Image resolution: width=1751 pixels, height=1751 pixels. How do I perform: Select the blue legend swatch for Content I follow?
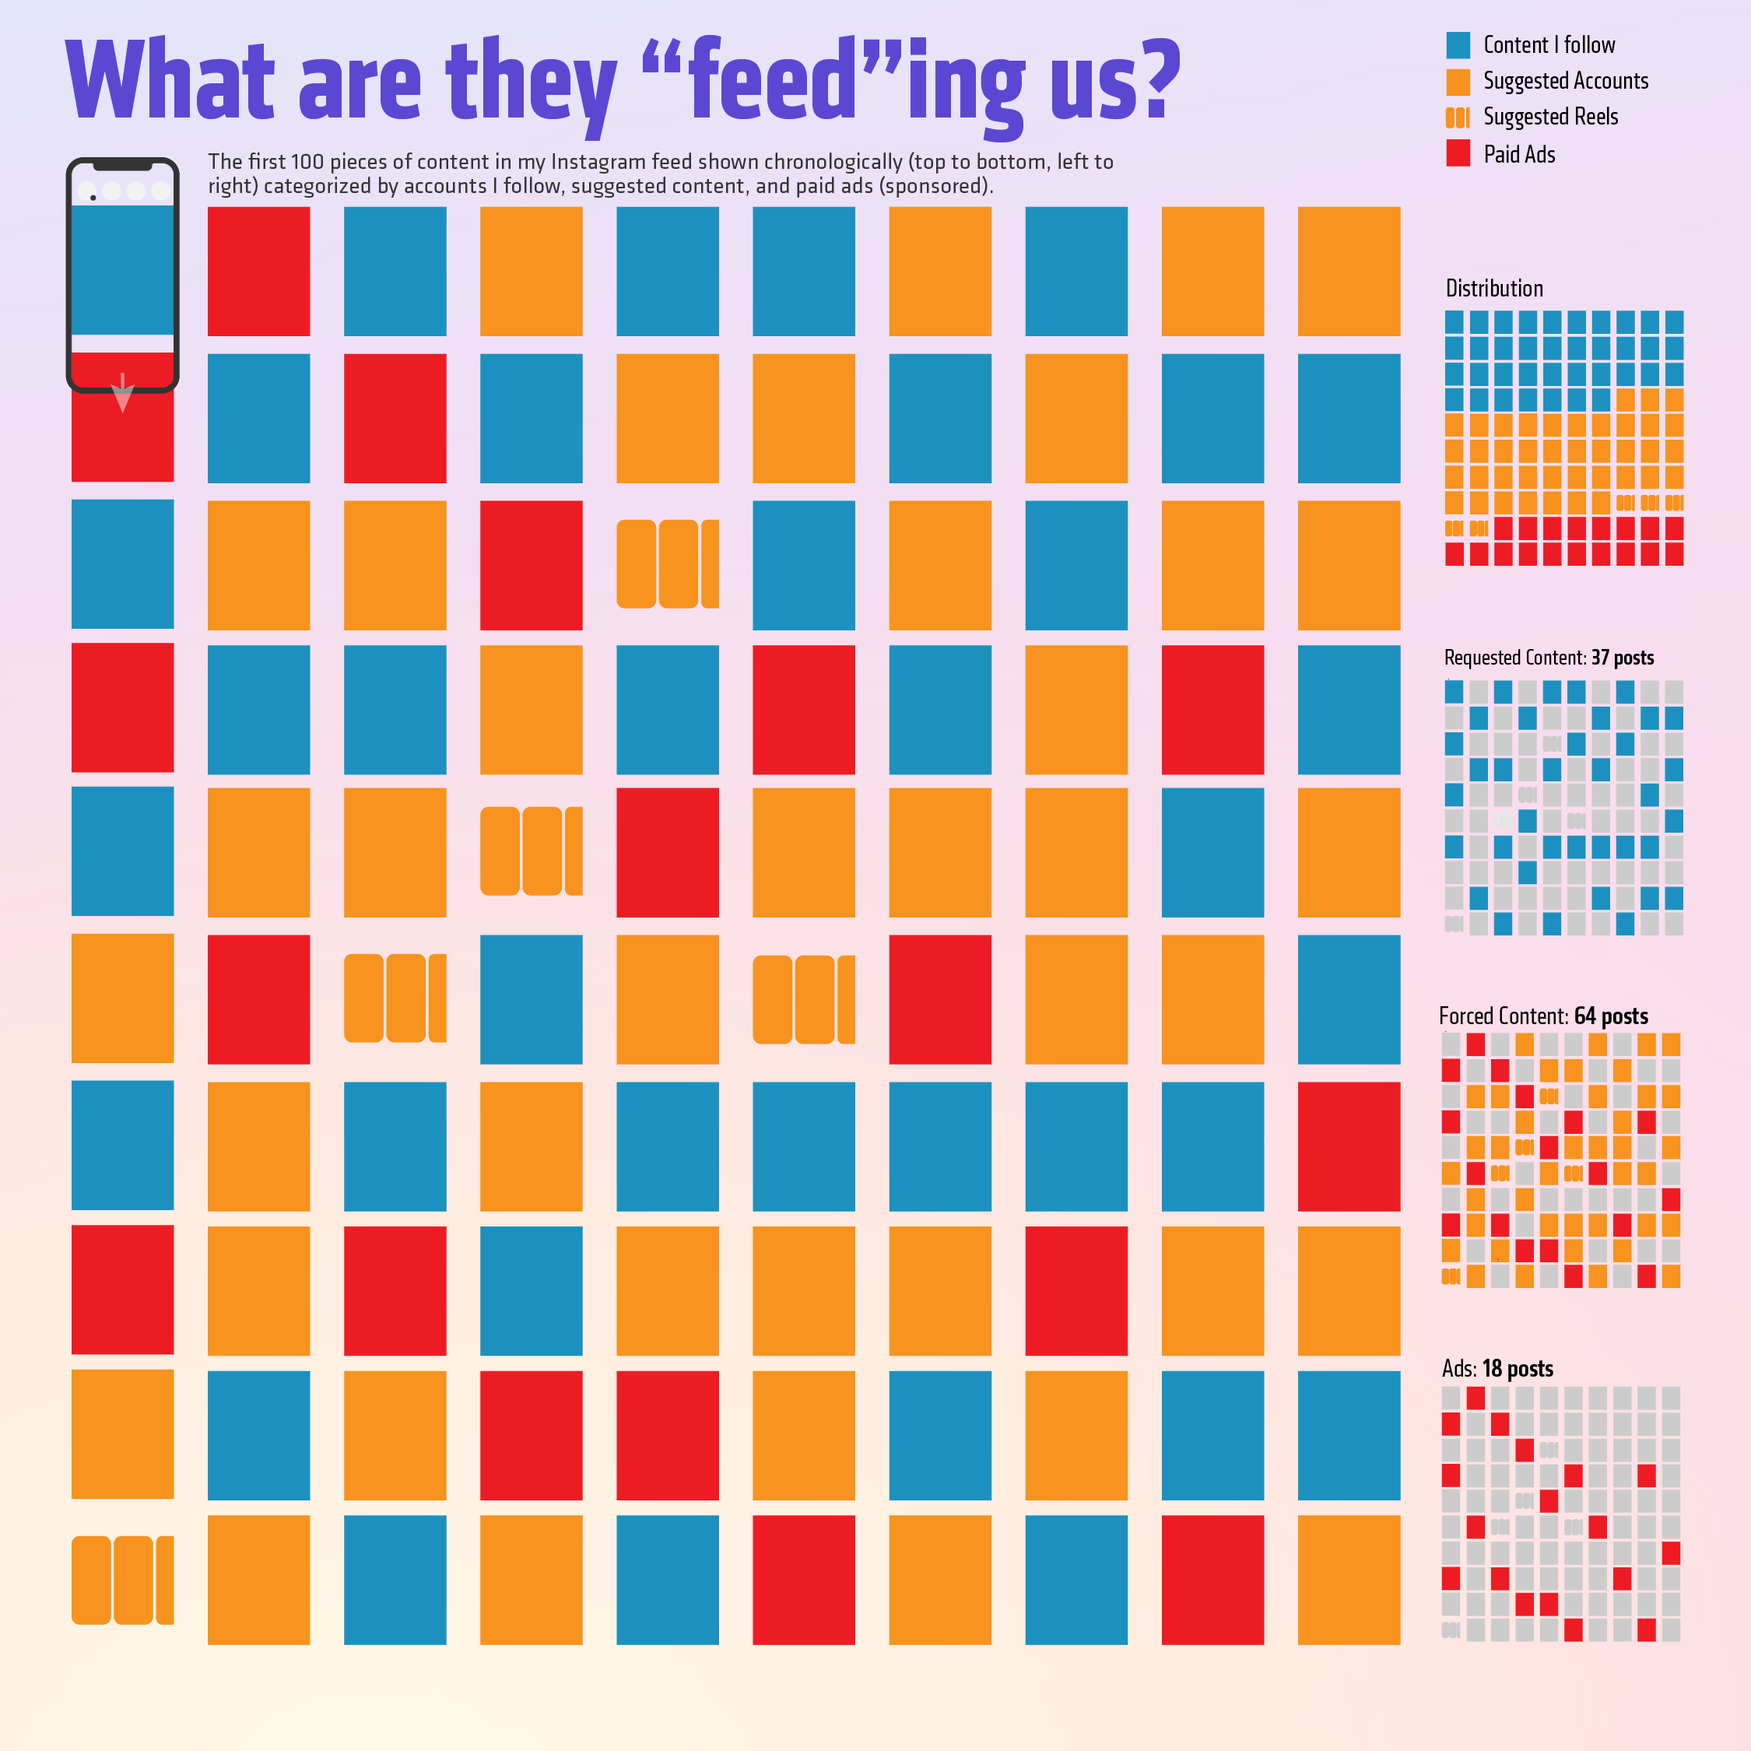[x=1458, y=45]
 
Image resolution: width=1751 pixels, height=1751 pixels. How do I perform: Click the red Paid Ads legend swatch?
[x=1458, y=153]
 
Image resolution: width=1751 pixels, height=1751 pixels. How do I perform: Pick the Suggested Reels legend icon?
[x=1458, y=117]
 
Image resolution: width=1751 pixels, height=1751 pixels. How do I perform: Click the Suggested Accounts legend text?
[x=1565, y=81]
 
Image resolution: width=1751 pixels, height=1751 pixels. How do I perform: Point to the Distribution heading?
[x=1493, y=288]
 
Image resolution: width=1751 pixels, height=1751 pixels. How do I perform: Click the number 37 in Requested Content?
[x=1600, y=658]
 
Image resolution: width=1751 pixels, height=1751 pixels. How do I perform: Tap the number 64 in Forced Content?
[x=1584, y=1016]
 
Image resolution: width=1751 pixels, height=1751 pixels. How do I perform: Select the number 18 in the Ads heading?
[x=1492, y=1369]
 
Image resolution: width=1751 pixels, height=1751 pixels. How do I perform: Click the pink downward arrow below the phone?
[x=122, y=395]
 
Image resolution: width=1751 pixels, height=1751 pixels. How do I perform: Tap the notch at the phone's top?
[x=122, y=166]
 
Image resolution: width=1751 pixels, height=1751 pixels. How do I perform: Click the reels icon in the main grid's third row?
[x=667, y=563]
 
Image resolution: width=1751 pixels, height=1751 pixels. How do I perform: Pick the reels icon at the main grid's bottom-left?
[x=122, y=1580]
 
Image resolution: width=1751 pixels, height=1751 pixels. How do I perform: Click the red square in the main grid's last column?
[x=1349, y=1146]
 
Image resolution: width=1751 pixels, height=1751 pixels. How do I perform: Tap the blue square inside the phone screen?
[x=122, y=270]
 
